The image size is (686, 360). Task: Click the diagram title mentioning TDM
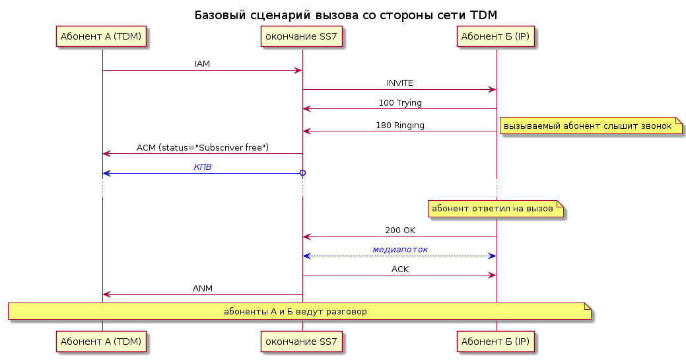(x=345, y=15)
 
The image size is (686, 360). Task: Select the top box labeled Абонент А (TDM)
(x=101, y=36)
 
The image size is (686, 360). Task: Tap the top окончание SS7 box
(x=302, y=36)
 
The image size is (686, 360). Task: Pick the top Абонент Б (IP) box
(x=495, y=36)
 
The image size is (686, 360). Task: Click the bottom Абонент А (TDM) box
(x=101, y=342)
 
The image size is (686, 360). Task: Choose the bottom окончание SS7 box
(x=302, y=342)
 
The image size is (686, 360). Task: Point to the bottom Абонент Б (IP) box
(x=495, y=342)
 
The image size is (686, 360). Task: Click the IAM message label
(x=202, y=64)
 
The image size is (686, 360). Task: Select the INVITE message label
(x=400, y=83)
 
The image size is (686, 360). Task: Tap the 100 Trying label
(x=400, y=103)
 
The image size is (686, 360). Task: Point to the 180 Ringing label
(x=400, y=126)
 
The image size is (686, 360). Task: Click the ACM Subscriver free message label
(x=203, y=147)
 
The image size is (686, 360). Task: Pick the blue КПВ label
(x=203, y=167)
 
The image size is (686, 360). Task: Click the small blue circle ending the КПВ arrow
(x=302, y=173)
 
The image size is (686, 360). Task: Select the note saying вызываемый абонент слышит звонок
(x=591, y=126)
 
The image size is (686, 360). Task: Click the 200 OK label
(x=400, y=231)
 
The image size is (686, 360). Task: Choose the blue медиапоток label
(x=400, y=250)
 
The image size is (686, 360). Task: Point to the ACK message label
(x=400, y=269)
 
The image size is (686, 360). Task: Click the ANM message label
(x=203, y=288)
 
